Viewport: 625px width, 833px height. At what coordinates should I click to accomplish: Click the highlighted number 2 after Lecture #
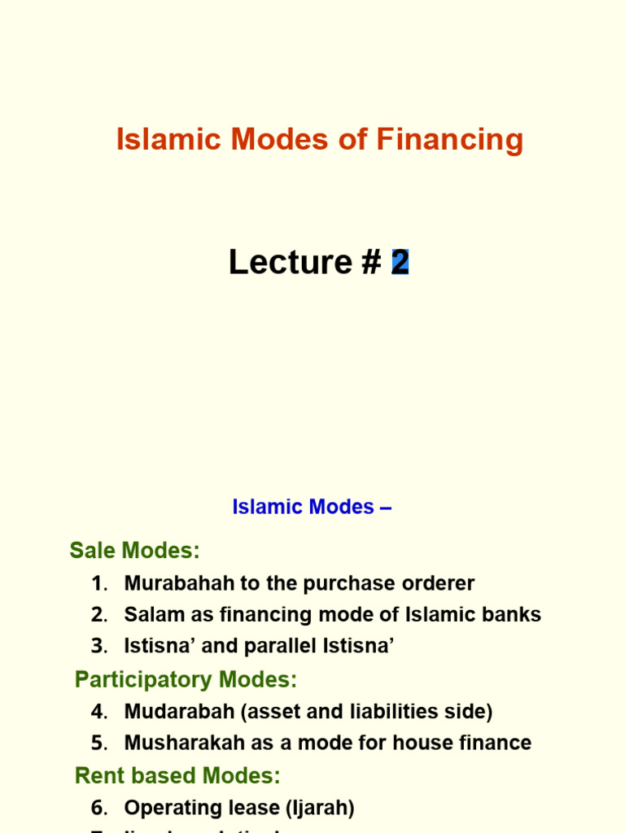[x=400, y=262]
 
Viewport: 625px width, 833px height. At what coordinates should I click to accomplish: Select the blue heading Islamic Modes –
[x=312, y=507]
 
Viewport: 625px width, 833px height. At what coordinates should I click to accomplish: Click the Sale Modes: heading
[x=134, y=551]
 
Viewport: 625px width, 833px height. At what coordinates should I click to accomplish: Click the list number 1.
[x=98, y=583]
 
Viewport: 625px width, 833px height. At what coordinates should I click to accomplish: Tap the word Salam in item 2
[x=150, y=615]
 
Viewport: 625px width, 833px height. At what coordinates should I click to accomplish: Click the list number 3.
[x=98, y=647]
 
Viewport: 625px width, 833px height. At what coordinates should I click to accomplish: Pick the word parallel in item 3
[x=277, y=647]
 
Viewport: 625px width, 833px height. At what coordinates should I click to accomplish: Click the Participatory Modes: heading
[x=186, y=679]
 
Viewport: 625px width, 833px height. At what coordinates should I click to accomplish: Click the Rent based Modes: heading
[x=177, y=775]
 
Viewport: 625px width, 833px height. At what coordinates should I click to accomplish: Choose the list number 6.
[x=98, y=808]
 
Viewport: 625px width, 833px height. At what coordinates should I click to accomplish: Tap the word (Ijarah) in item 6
[x=317, y=808]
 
